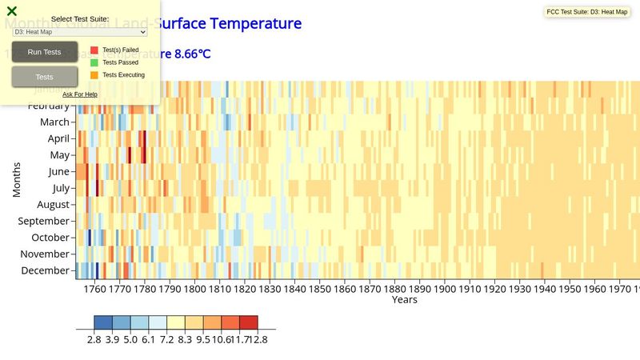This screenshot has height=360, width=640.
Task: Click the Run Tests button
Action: click(x=45, y=52)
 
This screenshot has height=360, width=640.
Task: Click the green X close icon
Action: click(x=12, y=11)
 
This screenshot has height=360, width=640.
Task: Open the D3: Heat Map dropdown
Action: click(x=79, y=32)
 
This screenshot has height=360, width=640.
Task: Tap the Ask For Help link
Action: click(x=80, y=94)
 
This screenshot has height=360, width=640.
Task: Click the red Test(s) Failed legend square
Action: click(x=94, y=50)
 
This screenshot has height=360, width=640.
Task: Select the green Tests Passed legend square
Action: click(x=94, y=62)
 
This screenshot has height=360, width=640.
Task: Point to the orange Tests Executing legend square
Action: click(x=94, y=75)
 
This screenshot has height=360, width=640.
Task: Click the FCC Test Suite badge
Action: click(x=586, y=12)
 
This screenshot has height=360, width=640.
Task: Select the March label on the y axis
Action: click(x=54, y=122)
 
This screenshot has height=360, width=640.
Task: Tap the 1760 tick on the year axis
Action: click(x=94, y=289)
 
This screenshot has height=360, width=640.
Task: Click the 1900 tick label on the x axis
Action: click(x=444, y=289)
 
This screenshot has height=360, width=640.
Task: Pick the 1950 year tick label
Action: click(x=569, y=289)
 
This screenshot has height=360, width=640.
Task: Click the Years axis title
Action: click(x=404, y=300)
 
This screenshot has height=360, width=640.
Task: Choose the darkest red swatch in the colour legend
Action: click(x=248, y=322)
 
